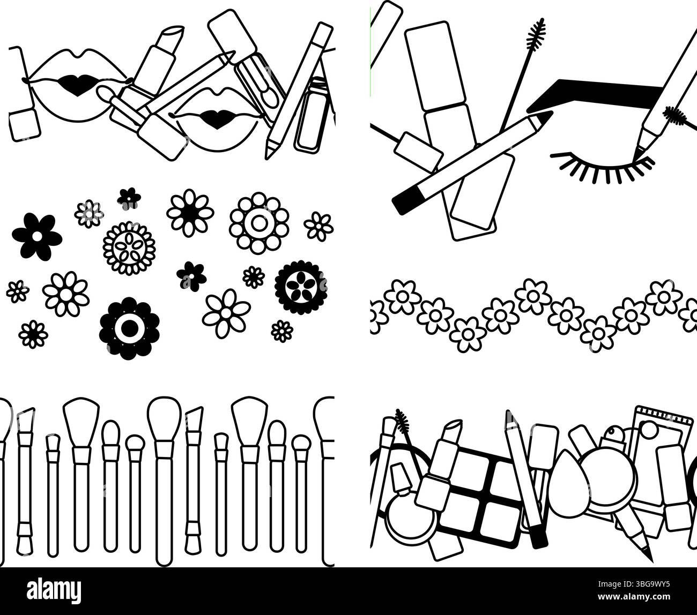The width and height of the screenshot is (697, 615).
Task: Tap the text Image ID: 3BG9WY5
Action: [x=634, y=584]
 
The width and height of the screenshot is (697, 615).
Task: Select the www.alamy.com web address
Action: [x=634, y=597]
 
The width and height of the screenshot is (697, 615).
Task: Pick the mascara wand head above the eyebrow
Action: [x=536, y=35]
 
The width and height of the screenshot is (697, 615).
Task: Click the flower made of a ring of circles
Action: [x=259, y=223]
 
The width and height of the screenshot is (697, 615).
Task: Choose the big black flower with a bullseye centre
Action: [x=129, y=328]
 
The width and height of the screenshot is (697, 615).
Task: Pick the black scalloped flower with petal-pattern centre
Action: [x=301, y=287]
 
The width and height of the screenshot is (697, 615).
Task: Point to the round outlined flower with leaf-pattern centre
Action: [x=129, y=248]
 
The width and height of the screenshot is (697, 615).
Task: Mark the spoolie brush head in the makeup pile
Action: [x=402, y=422]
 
